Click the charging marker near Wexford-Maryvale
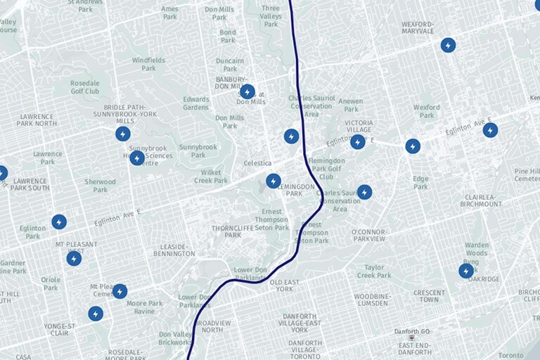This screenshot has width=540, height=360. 448,45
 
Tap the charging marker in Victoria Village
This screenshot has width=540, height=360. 358,142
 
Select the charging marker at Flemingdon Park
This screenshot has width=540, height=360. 274,181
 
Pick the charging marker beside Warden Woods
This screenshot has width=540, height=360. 466,271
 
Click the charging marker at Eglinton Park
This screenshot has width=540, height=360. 59,222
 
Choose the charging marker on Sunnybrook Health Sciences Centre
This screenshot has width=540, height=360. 137,158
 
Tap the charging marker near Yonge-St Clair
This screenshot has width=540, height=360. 96,314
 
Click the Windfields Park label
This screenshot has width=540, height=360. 148,64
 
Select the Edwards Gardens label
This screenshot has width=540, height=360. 196,103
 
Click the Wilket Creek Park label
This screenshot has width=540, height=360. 211,176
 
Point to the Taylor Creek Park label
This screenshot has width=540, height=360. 373,271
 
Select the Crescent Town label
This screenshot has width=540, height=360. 429,297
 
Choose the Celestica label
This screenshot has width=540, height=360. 257,163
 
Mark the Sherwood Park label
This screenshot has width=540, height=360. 100,186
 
